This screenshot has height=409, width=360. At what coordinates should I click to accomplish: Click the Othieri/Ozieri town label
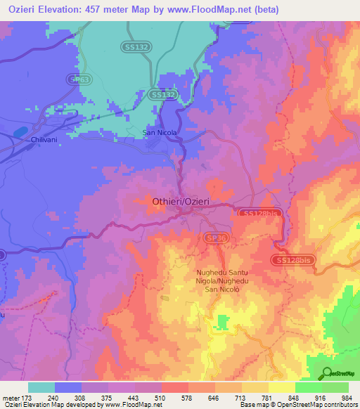[x=181, y=202]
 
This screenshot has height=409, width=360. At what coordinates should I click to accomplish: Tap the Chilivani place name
[x=43, y=140]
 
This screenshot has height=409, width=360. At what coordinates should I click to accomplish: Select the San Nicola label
[x=160, y=132]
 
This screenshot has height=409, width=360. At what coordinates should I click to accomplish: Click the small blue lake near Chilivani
[x=20, y=131]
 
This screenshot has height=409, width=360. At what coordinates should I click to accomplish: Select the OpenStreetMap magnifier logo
[x=326, y=373]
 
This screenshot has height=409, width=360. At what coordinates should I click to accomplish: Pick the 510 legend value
[x=161, y=397]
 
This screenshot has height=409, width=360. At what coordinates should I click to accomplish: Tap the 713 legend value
[x=241, y=397]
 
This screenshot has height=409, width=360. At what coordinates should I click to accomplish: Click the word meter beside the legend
[x=11, y=397]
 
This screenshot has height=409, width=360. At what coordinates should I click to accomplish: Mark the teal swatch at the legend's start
[x=41, y=387]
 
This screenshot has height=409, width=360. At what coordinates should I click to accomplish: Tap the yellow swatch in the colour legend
[x=281, y=387]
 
